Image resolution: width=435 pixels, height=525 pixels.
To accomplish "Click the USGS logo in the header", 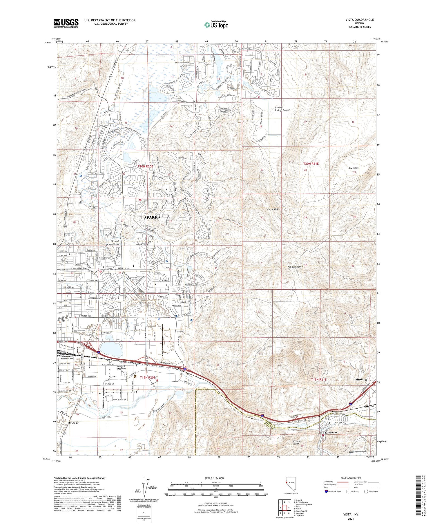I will click(x=66, y=23).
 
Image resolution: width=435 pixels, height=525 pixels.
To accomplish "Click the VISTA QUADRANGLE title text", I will click(x=359, y=20).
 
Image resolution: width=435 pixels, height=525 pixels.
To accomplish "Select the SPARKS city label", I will click(x=152, y=217).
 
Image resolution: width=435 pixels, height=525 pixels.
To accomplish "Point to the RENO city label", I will click(x=72, y=423).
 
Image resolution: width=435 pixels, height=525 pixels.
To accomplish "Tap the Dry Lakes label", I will click(x=353, y=168).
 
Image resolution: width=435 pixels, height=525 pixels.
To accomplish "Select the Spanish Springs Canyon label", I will click(x=282, y=109).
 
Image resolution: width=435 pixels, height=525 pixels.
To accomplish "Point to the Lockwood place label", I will click(x=331, y=432).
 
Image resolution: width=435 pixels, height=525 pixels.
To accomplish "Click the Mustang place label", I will click(x=361, y=379).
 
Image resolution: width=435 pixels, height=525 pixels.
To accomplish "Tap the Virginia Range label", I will click(x=296, y=442).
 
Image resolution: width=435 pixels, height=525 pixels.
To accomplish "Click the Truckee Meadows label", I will click(x=122, y=367).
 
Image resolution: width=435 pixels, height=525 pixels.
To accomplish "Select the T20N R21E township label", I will click(x=311, y=164).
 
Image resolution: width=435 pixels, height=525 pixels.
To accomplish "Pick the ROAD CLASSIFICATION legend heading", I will click(x=351, y=478).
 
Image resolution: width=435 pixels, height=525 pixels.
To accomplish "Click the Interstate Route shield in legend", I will click(x=326, y=491).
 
